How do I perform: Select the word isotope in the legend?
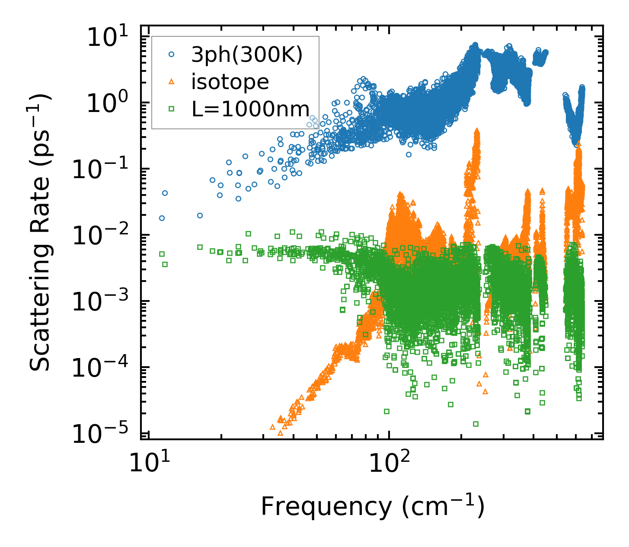[x=230, y=82]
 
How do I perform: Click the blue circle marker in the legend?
[x=172, y=55]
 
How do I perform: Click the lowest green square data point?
[x=476, y=424]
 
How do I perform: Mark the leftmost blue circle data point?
[x=162, y=218]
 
